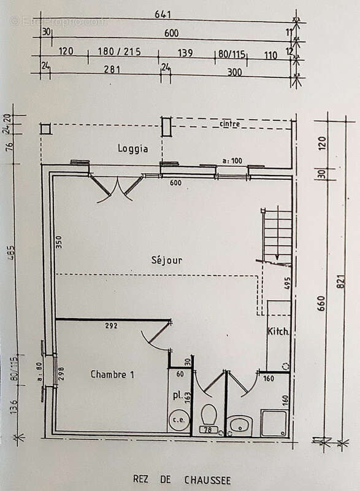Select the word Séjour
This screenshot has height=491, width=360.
[167, 260]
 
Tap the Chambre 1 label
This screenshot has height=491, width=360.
[112, 374]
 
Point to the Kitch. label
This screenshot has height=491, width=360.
[278, 331]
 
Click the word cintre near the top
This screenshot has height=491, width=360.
[229, 124]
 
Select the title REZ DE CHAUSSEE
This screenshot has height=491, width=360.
[182, 479]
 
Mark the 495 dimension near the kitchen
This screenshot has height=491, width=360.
[286, 282]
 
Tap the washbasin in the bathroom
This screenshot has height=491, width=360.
[240, 423]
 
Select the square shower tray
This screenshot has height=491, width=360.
[274, 422]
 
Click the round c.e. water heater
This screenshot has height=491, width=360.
[178, 420]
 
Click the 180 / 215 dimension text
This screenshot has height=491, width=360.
[119, 52]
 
